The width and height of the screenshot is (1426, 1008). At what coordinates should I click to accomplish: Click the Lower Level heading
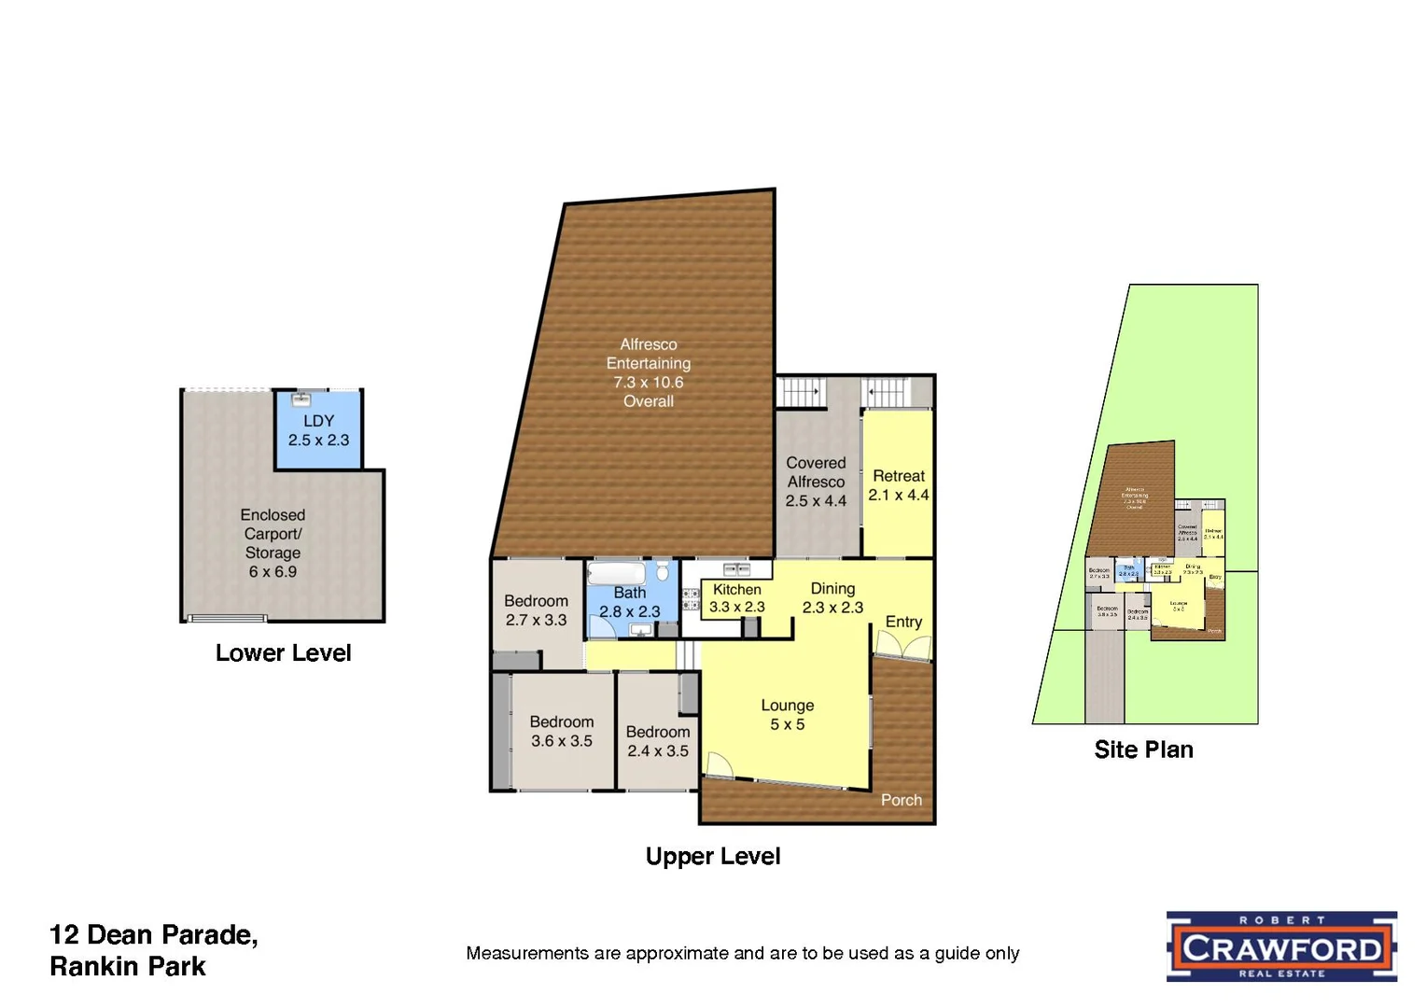click(283, 653)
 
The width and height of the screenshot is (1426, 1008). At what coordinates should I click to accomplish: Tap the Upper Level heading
click(712, 857)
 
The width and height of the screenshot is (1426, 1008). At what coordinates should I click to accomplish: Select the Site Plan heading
click(1143, 749)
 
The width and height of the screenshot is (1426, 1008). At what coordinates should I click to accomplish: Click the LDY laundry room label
click(318, 430)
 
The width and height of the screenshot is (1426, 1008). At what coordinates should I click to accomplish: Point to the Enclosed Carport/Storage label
click(273, 543)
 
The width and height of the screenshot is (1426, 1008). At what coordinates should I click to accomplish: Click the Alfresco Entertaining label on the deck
click(649, 372)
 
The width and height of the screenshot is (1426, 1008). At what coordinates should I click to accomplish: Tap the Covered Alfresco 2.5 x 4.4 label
click(816, 482)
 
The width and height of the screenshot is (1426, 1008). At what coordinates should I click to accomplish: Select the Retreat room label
click(899, 485)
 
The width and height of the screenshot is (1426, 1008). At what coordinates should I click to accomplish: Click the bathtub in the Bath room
click(616, 572)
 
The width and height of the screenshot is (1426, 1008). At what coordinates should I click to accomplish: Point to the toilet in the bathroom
click(663, 570)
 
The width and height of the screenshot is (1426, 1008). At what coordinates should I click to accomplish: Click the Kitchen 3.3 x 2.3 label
click(737, 598)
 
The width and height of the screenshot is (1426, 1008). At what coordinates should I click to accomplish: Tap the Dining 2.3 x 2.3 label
click(832, 597)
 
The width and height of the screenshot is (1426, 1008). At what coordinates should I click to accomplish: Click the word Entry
click(903, 622)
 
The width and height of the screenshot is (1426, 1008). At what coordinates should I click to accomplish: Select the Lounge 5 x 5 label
click(788, 715)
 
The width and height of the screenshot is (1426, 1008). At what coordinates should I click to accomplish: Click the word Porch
click(901, 800)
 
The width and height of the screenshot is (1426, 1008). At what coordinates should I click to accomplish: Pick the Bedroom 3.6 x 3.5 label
click(562, 731)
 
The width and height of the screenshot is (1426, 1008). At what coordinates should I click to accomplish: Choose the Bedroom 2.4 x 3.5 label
click(658, 741)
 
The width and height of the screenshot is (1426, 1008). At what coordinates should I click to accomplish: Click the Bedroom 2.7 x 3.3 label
click(536, 610)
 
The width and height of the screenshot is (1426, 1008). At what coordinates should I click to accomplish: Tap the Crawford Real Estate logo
click(1281, 946)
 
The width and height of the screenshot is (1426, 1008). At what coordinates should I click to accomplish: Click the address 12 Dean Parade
click(154, 935)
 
